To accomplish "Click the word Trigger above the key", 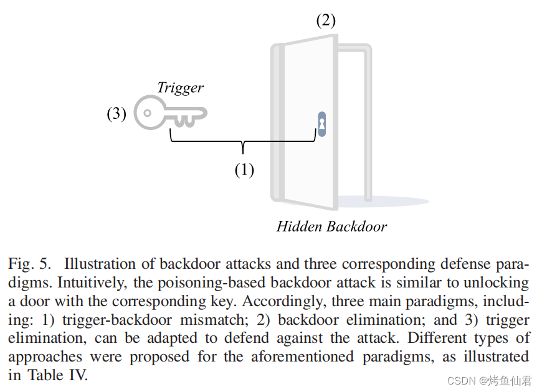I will (x=180, y=88).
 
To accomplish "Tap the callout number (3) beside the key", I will (x=116, y=114).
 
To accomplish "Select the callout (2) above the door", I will (x=325, y=21).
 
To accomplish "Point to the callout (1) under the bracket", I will (x=244, y=169).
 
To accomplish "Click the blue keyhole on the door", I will (x=321, y=124).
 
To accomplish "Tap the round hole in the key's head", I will (x=147, y=113).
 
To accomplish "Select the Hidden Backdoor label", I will (x=331, y=226).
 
